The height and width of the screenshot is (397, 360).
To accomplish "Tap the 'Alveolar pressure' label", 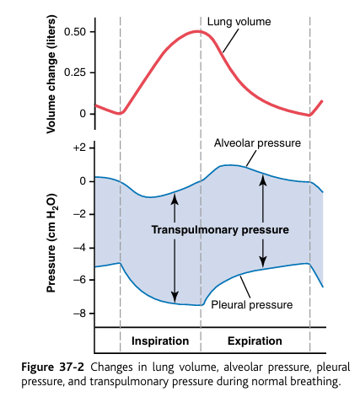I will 257,143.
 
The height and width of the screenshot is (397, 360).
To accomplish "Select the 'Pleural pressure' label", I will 251,304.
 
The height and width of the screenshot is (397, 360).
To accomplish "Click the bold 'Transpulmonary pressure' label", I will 220,229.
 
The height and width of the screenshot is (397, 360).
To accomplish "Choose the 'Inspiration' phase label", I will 160,341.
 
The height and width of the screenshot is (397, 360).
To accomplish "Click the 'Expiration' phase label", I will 255,341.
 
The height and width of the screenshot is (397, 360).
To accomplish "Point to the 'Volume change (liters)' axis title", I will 51,69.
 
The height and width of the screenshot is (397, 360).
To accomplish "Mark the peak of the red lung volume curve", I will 199,32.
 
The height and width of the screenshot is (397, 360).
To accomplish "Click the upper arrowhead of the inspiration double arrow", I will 175,196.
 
